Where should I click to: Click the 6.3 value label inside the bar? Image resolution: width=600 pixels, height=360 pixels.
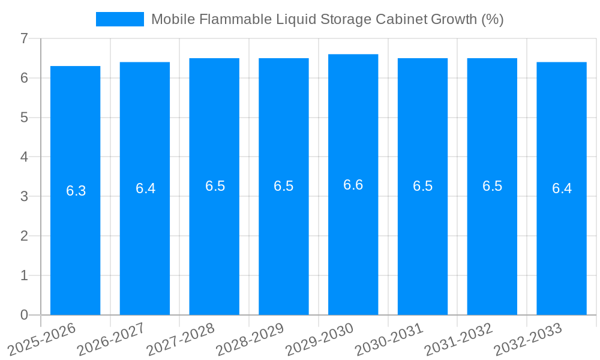pos(76,191)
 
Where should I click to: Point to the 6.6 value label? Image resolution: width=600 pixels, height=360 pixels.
pos(353,185)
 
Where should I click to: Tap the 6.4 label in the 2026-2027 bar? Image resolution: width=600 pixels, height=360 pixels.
pos(145,188)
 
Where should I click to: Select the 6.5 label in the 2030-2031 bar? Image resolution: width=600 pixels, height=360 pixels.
pos(423,186)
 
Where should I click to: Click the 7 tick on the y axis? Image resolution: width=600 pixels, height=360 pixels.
pos(24,38)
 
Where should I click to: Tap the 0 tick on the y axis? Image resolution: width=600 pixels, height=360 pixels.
pos(24,315)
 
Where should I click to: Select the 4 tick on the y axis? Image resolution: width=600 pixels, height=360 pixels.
pos(24,157)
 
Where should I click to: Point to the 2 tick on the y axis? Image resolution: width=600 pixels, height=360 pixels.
pos(24,236)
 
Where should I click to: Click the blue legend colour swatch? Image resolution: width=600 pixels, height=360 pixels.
pos(120,19)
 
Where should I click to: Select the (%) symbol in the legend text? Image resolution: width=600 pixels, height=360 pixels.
pos(492,19)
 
